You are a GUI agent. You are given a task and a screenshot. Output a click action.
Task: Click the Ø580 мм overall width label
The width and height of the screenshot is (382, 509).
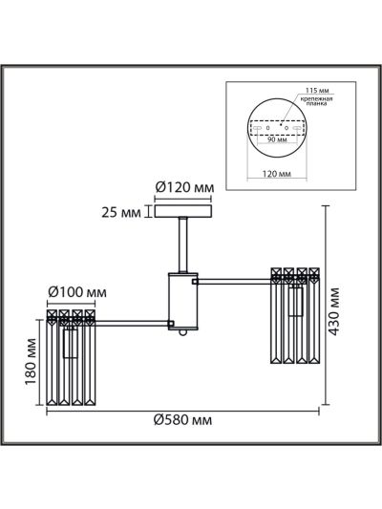(182, 420)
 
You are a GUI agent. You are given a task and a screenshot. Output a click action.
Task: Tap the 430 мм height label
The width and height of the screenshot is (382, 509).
(333, 311)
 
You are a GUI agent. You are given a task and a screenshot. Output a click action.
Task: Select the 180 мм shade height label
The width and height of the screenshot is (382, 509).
(31, 362)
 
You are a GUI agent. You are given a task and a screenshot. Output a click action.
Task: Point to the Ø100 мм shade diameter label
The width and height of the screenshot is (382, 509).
(77, 292)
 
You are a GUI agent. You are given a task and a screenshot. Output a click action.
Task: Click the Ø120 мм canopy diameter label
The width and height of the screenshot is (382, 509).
(184, 187)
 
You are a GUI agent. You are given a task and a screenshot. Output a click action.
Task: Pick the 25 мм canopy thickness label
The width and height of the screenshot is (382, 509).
(121, 213)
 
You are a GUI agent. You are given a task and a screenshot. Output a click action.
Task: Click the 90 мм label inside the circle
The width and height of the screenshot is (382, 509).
(277, 139)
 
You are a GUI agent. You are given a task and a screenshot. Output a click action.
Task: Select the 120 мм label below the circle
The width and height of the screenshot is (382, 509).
(277, 174)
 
